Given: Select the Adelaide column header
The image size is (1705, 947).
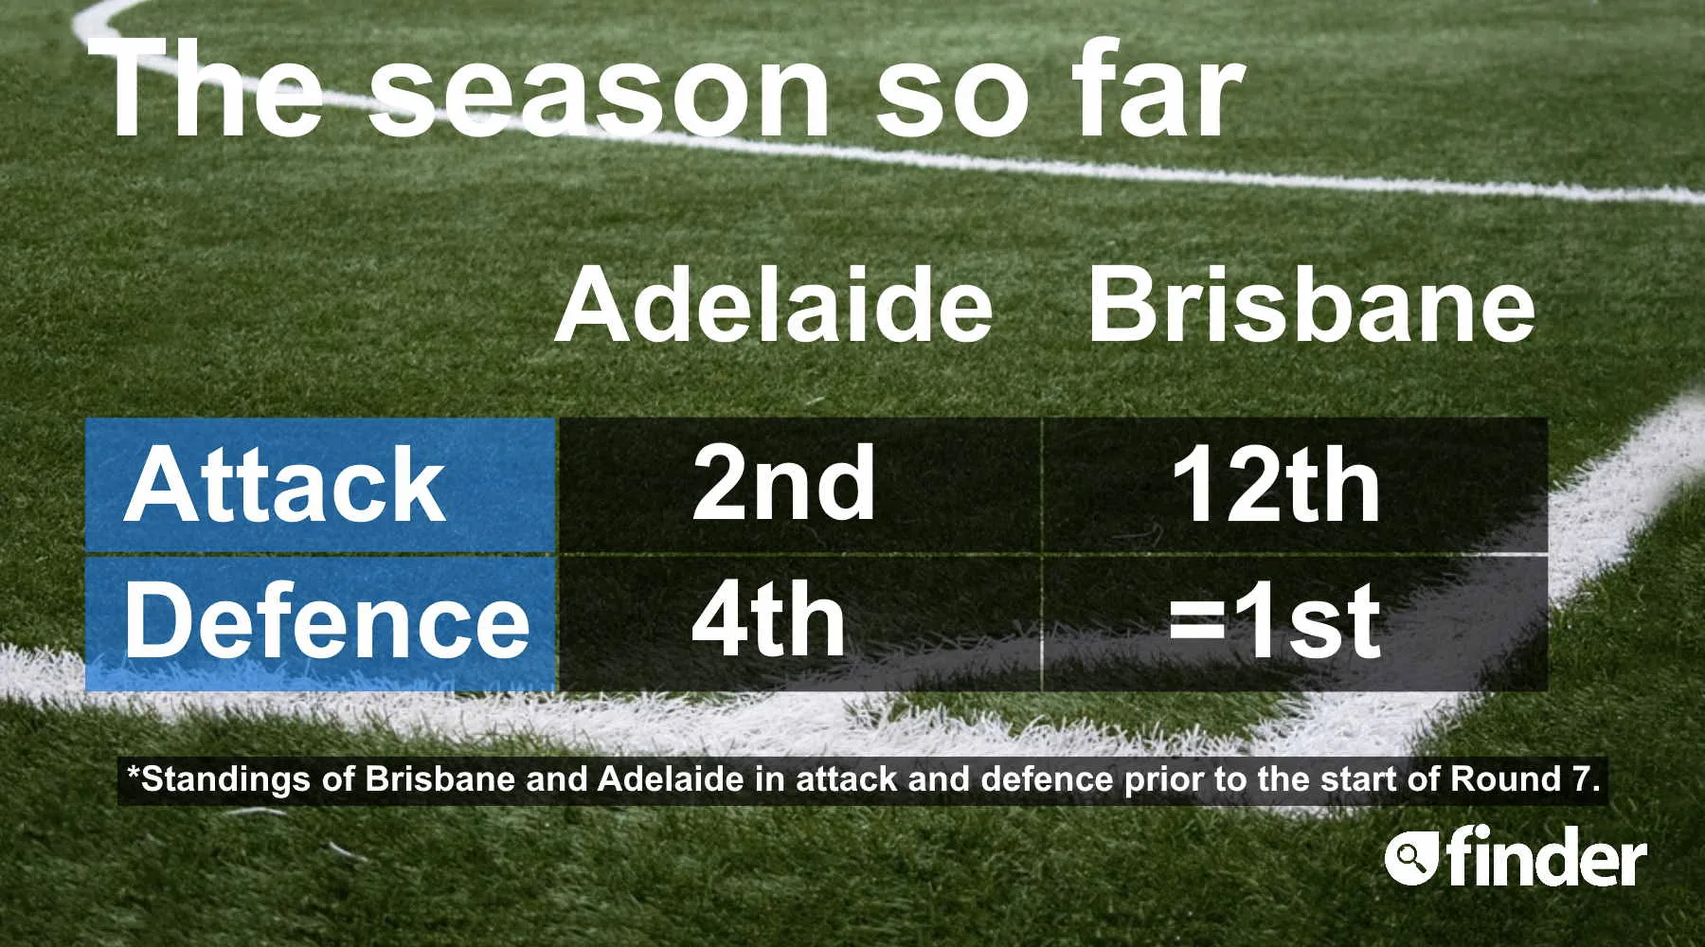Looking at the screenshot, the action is pos(774,304).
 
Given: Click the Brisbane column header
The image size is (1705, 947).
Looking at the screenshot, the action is pos(1311,304).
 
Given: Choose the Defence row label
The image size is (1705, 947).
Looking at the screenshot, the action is pos(327,620).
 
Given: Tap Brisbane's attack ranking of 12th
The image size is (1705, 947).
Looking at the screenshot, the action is pos(1276,485).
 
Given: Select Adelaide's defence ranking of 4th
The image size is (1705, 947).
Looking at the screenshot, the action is pos(768,620).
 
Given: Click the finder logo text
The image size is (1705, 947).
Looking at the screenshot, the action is pos(1547,856).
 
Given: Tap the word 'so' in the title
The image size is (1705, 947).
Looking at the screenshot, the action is pos(950,98).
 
